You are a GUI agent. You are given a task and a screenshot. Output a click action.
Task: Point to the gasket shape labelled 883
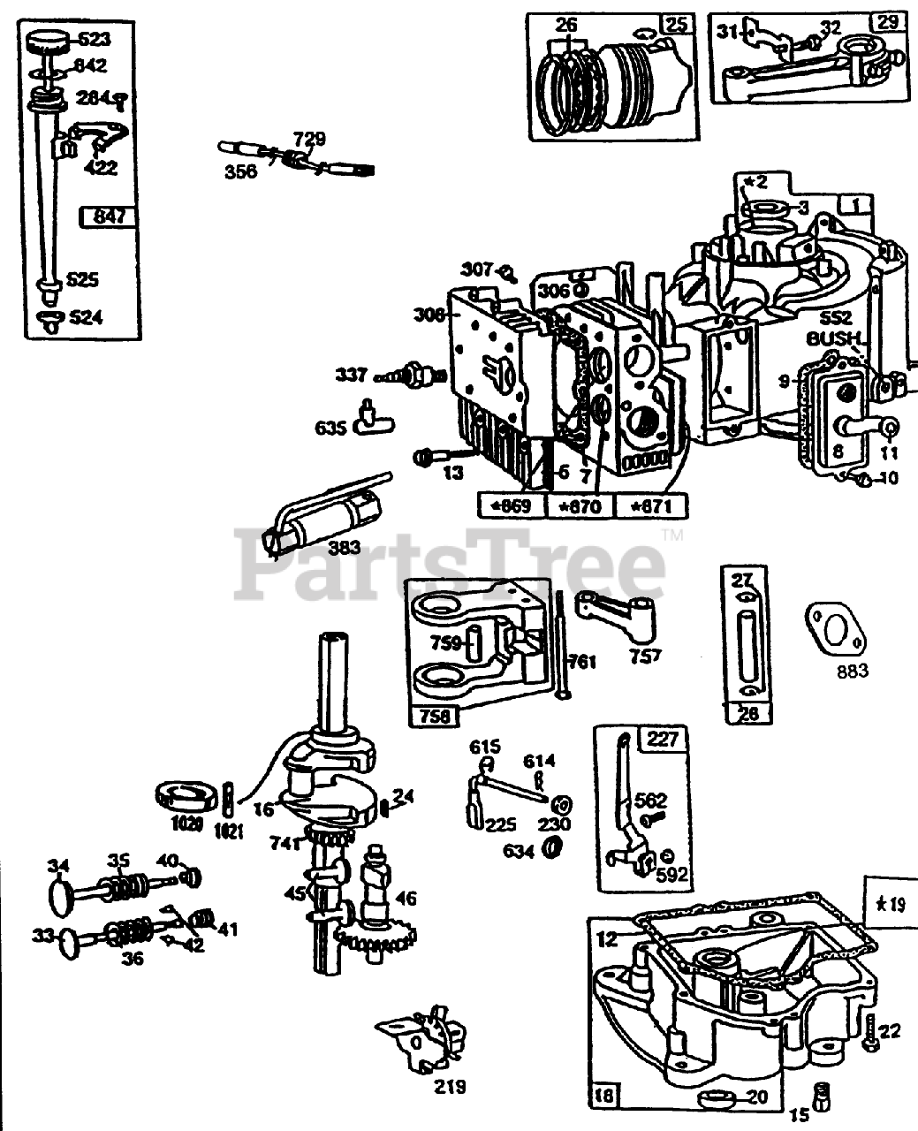pos(835,628)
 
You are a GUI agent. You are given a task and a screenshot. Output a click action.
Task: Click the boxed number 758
pos(435,715)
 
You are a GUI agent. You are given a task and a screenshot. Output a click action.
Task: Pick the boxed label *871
pos(654,506)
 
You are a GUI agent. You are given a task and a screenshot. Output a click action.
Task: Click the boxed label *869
pos(510,506)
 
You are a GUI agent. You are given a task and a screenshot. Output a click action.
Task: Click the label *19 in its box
pos(891,903)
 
